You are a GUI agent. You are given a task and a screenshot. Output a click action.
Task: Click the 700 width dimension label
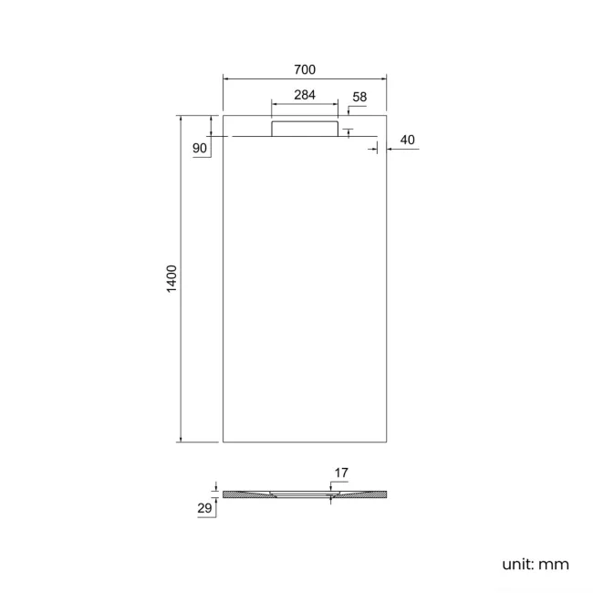click(305, 70)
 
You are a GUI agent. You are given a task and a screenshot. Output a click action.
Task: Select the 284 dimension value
click(305, 95)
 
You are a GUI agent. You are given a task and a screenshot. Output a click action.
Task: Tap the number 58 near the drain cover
click(359, 97)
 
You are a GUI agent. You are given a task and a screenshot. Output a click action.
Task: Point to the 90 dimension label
click(200, 148)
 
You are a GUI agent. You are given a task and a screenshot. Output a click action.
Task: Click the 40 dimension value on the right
click(407, 140)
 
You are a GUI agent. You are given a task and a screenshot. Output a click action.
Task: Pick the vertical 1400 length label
click(172, 278)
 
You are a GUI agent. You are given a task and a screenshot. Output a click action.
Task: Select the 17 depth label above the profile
click(341, 473)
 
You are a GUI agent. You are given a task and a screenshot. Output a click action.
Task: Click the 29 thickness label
click(204, 507)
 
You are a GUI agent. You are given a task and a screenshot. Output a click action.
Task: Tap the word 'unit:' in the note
click(517, 564)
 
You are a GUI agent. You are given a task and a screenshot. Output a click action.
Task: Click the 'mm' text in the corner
click(554, 564)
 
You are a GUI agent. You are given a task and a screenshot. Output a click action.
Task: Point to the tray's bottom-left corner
click(224, 442)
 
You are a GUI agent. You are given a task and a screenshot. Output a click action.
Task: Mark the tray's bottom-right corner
click(387, 442)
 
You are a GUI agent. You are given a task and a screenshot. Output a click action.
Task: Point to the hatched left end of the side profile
click(239, 494)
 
